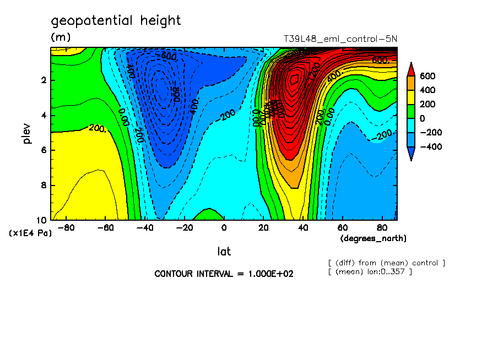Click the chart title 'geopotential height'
[x=116, y=21]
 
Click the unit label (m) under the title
[x=61, y=37]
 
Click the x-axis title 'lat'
[x=224, y=252]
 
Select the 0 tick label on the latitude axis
[x=224, y=228]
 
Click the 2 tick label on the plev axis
[x=43, y=80]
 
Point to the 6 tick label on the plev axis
[x=43, y=150]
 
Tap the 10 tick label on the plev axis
[x=41, y=220]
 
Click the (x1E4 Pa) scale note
[x=30, y=233]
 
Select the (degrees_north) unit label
[x=373, y=238]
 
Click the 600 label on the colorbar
[x=427, y=76]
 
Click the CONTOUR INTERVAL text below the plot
[x=224, y=274]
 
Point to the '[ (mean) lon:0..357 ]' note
[x=370, y=271]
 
